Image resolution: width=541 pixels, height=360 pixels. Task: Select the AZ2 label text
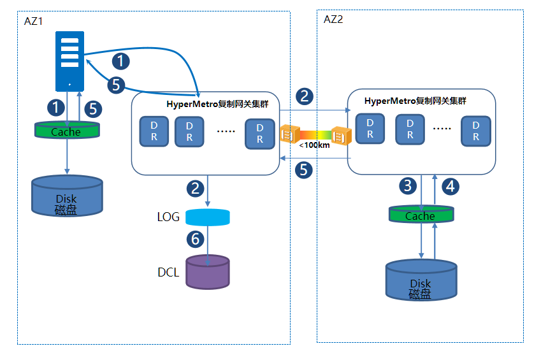coord(333,19)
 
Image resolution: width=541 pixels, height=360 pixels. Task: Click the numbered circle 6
coord(196,239)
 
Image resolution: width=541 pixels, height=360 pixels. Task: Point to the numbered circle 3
coord(408,186)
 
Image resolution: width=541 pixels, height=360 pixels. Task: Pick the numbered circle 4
coord(451,186)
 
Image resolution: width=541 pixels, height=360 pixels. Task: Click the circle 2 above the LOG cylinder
coord(196,188)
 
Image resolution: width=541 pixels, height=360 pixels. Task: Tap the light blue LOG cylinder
coord(207,217)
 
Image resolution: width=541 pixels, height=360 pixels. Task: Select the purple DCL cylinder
coord(207,272)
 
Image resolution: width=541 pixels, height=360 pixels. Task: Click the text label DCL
coord(169,273)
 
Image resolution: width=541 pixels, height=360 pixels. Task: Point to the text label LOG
coord(168,217)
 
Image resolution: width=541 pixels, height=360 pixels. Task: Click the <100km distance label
coord(314,145)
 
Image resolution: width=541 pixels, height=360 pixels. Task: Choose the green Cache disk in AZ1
coord(66,131)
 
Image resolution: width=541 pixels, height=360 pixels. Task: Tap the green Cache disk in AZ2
coord(421,215)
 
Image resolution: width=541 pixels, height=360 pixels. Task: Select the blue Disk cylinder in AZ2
coord(421,280)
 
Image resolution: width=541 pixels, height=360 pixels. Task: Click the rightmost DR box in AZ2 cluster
coord(476,131)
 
